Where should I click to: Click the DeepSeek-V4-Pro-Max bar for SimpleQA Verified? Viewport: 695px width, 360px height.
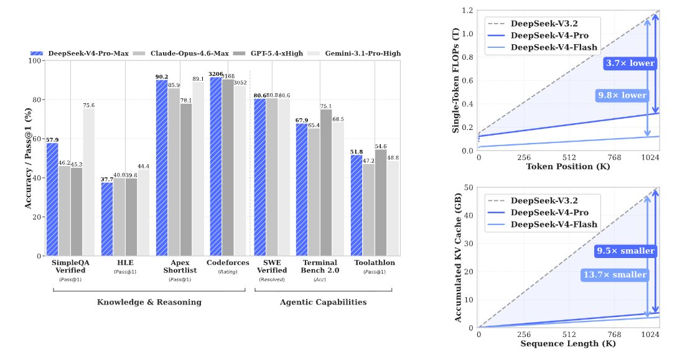[x=52, y=199]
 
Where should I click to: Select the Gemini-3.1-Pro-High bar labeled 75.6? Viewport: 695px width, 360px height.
[x=88, y=182]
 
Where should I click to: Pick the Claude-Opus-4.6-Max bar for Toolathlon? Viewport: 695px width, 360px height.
[x=368, y=210]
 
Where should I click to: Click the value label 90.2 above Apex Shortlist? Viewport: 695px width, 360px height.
[x=162, y=76]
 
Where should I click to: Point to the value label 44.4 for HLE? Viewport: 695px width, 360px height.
[x=144, y=167]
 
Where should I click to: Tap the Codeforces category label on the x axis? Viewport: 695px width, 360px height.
[x=228, y=262]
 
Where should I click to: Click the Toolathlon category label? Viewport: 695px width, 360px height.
[x=375, y=262]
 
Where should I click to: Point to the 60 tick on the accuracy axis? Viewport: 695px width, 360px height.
[x=37, y=139]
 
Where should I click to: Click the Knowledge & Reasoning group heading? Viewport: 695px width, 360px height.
[x=149, y=302]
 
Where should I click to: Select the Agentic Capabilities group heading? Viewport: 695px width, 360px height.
[x=323, y=302]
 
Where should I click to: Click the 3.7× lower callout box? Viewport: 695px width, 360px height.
[x=630, y=63]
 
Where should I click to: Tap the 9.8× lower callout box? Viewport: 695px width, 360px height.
[x=622, y=95]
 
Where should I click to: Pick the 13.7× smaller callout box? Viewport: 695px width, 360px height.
[x=615, y=275]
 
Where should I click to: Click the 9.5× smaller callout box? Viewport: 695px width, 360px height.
[x=625, y=251]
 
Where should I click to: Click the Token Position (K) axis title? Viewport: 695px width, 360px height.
[x=568, y=167]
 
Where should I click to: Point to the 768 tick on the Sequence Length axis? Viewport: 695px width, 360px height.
[x=614, y=335]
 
